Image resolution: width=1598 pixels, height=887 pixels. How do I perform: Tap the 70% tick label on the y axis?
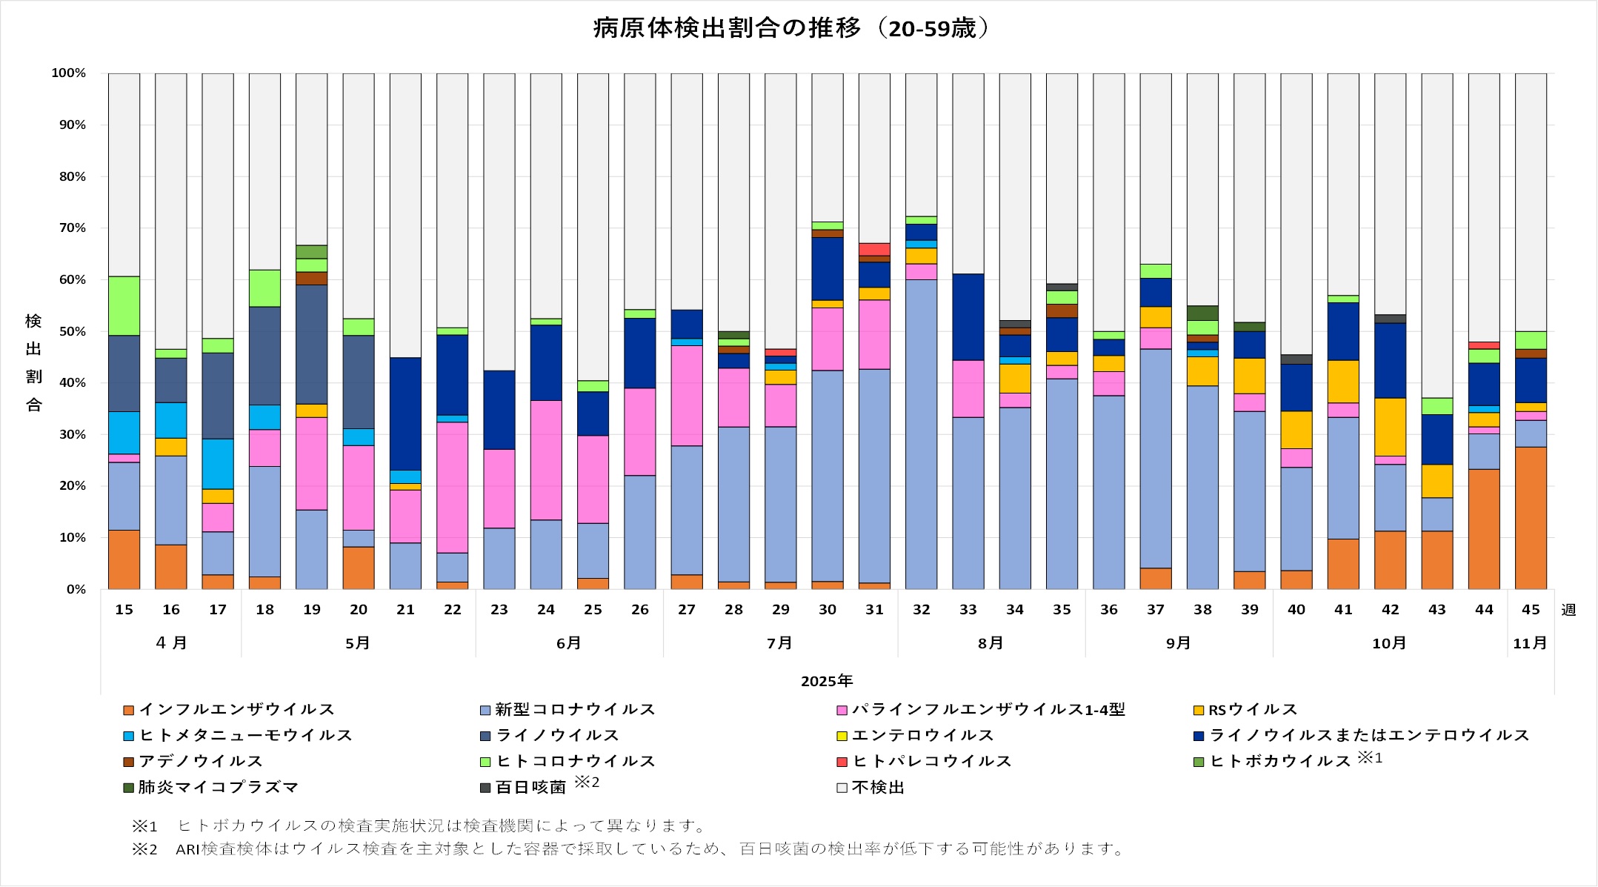[68, 228]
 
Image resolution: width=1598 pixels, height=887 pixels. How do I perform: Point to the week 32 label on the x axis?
[921, 610]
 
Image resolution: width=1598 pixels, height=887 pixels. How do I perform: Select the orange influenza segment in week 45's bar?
[1531, 518]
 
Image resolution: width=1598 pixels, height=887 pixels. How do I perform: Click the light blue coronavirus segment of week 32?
[921, 434]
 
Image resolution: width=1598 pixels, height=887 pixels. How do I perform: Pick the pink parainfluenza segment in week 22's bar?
[452, 488]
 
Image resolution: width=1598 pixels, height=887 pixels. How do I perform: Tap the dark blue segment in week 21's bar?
[405, 413]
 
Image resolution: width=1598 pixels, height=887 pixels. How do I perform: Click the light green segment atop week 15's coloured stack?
[124, 306]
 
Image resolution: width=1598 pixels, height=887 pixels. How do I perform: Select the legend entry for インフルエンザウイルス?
[230, 710]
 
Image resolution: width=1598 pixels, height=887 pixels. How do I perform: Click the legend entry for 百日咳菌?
[530, 787]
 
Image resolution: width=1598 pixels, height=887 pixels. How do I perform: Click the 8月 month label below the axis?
[991, 643]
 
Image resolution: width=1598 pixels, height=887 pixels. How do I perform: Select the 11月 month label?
[1530, 643]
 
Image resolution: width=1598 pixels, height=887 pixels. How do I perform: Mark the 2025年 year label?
[827, 681]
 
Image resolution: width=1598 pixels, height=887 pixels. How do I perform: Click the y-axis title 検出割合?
[33, 363]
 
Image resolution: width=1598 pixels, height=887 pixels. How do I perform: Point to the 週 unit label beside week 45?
[1568, 610]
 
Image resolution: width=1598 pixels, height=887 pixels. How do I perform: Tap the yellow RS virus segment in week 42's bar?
[1390, 427]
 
